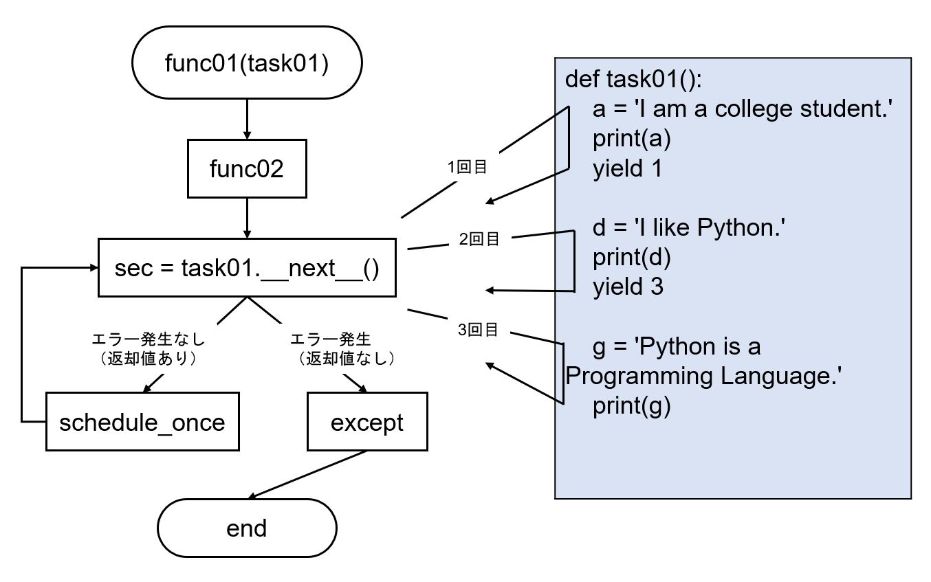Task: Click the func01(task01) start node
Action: coord(246,63)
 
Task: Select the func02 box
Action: coord(246,168)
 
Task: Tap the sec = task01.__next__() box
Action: coord(246,268)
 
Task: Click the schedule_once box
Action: coord(142,422)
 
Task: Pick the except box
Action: coord(366,422)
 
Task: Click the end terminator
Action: coord(246,528)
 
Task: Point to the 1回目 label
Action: coord(467,166)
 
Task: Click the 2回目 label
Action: coord(479,239)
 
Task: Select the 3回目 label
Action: coord(478,331)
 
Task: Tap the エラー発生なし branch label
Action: coord(149,339)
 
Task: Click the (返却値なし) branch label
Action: coord(345,358)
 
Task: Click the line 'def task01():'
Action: coord(633,79)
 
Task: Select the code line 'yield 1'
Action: coord(627,169)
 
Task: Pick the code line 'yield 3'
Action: coord(628,287)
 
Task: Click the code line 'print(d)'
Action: coord(631,257)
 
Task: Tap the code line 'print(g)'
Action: coord(631,406)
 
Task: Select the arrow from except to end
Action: coord(308,475)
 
